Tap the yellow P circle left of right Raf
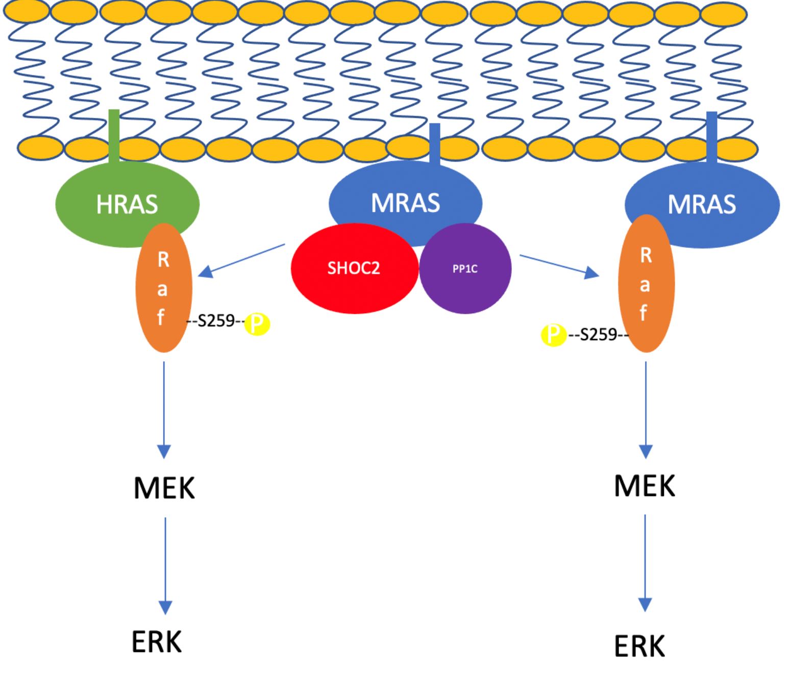[x=553, y=335]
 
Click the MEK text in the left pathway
[x=164, y=488]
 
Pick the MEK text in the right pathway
[x=645, y=486]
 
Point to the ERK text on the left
[x=157, y=642]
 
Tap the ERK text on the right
[x=639, y=646]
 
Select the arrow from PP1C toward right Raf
[x=559, y=266]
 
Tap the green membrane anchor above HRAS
[x=114, y=135]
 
